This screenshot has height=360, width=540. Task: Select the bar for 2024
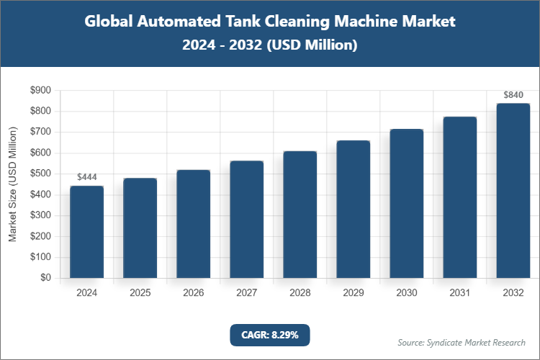(86, 232)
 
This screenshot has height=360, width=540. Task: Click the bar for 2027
(247, 219)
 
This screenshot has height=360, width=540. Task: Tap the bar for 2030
(407, 203)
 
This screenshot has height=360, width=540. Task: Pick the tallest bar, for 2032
(513, 190)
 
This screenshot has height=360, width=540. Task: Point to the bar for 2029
(354, 209)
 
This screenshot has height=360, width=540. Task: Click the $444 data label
(86, 177)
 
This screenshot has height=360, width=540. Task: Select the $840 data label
(513, 95)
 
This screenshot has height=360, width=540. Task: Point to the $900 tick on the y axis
(40, 91)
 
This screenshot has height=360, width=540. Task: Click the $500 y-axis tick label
(40, 174)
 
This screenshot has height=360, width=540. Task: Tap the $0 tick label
(45, 278)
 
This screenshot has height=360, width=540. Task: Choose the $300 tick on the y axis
(40, 215)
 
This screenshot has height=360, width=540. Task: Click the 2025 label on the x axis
(140, 293)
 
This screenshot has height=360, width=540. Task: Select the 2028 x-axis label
(300, 293)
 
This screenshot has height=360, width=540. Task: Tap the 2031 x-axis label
(460, 293)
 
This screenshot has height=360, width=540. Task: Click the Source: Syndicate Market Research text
(462, 342)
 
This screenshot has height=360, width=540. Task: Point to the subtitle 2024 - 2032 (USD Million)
(269, 45)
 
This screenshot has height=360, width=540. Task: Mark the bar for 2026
(194, 224)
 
